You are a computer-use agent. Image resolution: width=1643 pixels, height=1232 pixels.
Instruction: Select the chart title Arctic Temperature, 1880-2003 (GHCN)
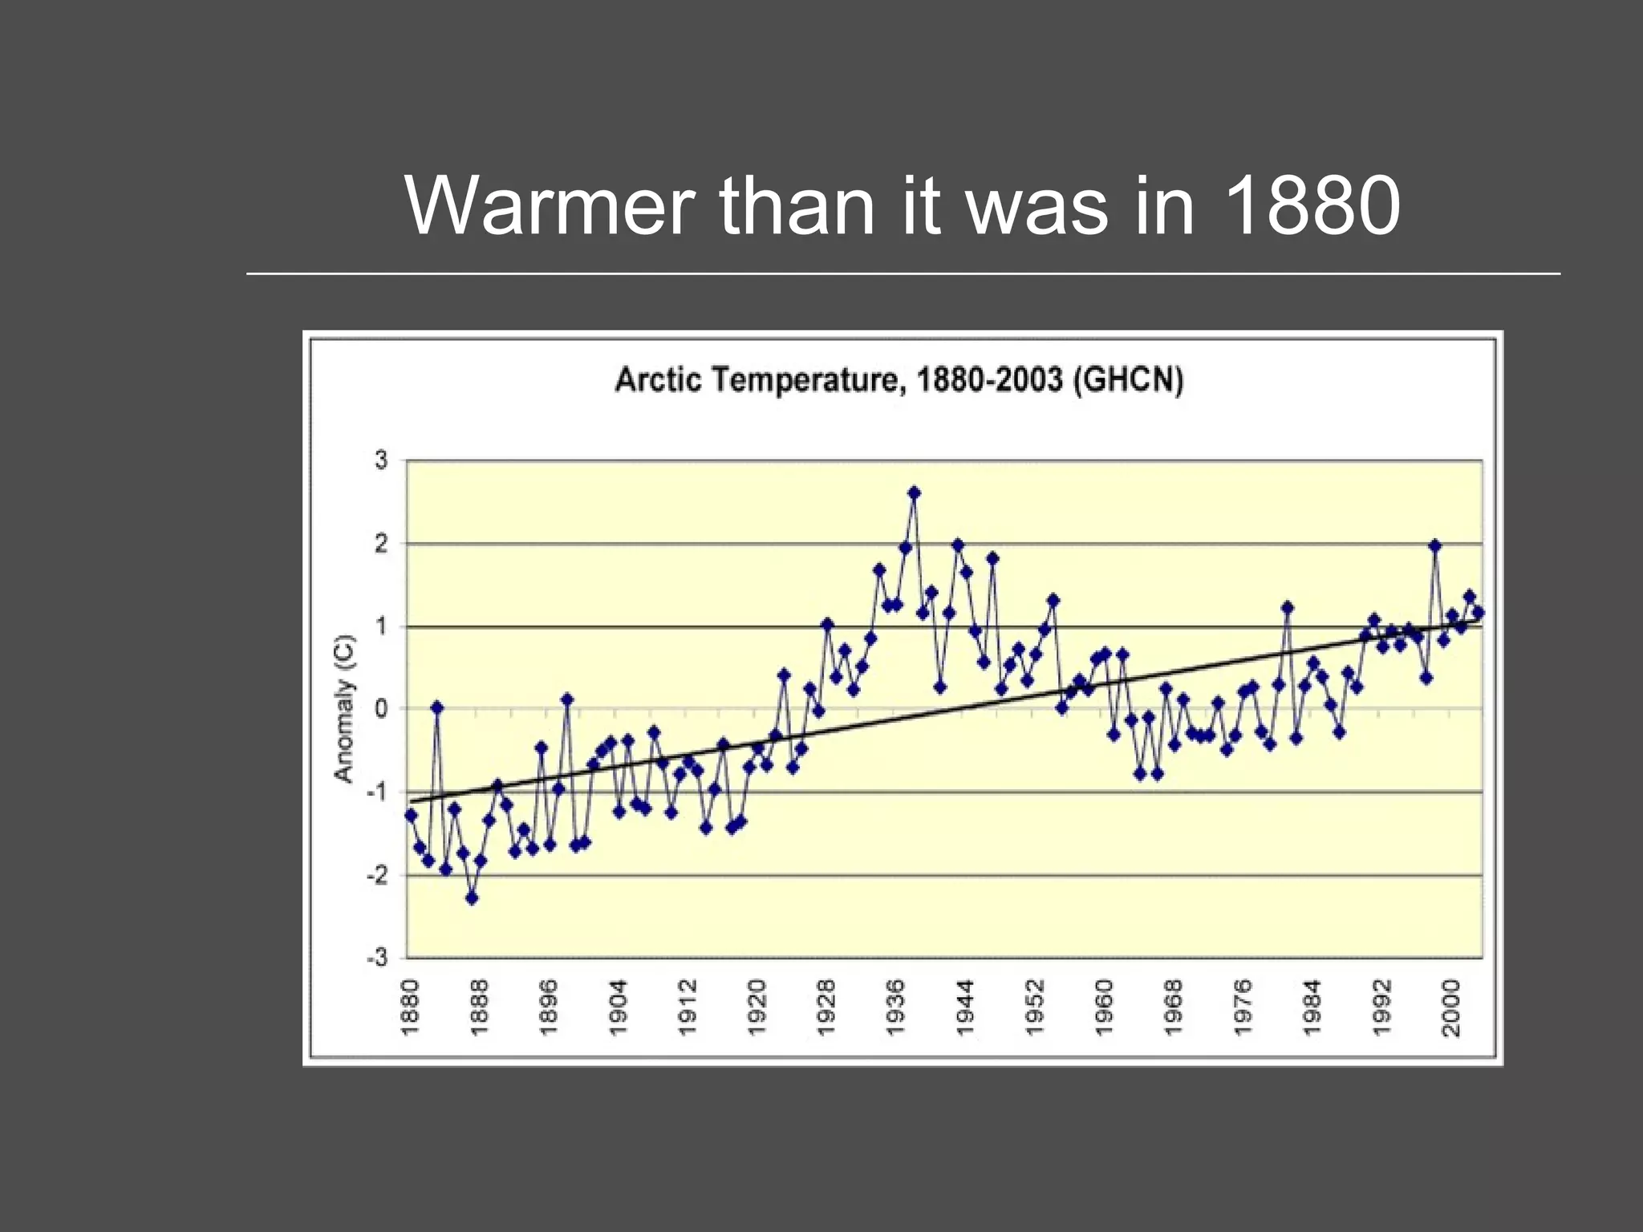899,379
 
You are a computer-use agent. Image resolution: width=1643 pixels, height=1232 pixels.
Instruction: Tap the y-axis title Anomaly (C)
344,708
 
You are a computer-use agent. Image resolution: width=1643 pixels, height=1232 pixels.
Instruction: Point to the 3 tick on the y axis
381,460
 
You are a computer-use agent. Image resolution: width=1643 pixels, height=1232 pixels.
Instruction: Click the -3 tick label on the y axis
377,958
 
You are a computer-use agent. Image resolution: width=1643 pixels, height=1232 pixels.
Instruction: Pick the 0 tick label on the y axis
381,709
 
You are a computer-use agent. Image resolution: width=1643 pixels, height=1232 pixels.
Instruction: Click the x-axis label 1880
410,1007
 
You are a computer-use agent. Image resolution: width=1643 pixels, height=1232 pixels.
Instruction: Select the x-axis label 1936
896,1007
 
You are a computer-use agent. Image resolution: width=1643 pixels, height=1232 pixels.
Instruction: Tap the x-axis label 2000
1451,1007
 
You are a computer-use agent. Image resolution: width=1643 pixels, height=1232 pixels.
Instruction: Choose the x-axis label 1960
1105,1007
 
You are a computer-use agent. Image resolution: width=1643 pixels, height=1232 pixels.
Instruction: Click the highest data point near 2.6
914,492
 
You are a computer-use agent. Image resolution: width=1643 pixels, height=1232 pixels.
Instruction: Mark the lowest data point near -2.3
472,898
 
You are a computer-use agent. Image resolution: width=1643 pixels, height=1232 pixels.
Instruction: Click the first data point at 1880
411,815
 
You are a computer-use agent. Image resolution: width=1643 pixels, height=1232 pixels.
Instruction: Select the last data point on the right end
1479,612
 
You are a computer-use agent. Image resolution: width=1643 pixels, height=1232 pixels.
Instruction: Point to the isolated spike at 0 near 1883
437,707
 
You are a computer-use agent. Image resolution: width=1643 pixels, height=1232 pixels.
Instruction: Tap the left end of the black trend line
412,800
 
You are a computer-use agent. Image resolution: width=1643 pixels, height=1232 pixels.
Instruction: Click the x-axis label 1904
619,1007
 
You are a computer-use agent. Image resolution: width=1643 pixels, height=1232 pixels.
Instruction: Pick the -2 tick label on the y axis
377,875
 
